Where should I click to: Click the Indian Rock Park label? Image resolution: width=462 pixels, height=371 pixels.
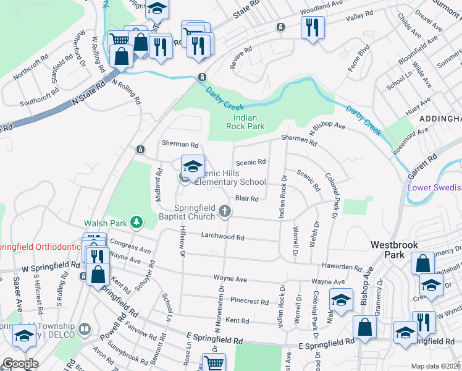(x=250, y=122)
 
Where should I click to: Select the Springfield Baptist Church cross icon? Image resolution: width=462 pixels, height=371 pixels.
(x=225, y=213)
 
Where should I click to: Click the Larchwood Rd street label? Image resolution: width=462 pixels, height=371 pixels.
(x=223, y=237)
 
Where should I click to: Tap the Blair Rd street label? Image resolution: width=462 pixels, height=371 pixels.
(x=246, y=198)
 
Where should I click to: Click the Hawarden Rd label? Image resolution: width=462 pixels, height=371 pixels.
(x=341, y=267)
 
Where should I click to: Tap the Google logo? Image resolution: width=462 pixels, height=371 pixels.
(x=20, y=364)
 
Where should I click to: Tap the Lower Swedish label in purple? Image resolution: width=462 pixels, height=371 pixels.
(x=434, y=187)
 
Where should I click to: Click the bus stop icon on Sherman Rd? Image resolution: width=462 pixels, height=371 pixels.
(x=140, y=150)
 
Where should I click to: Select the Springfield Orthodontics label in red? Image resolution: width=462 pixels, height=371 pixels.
(x=40, y=247)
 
